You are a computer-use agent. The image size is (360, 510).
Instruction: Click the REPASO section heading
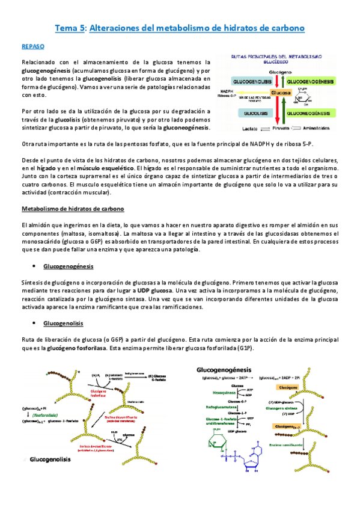click(x=32, y=46)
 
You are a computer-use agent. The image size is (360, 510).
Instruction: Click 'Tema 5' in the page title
click(x=70, y=28)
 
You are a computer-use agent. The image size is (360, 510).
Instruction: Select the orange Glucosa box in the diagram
click(x=280, y=93)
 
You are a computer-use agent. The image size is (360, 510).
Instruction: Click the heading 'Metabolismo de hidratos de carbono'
click(x=73, y=208)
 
